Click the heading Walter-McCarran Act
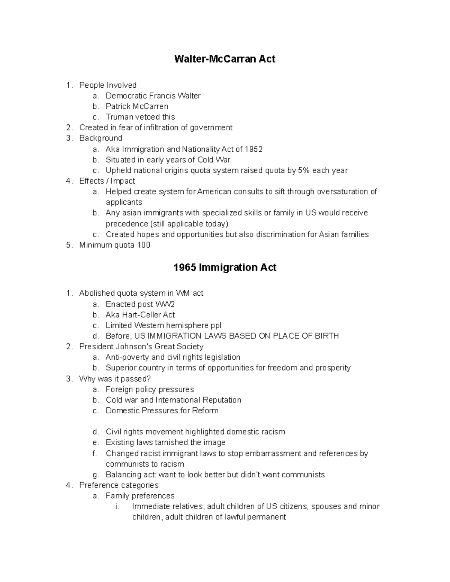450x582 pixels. pyautogui.click(x=225, y=59)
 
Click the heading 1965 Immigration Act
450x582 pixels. pyautogui.click(x=225, y=267)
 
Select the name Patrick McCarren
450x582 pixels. pyautogui.click(x=137, y=106)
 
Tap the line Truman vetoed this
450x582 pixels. pyautogui.click(x=140, y=117)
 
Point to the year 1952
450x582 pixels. pyautogui.click(x=253, y=149)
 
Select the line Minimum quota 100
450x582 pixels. pyautogui.click(x=115, y=245)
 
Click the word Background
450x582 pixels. pyautogui.click(x=100, y=138)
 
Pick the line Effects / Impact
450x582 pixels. pyautogui.click(x=105, y=181)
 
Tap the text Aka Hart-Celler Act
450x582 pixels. pyautogui.click(x=140, y=315)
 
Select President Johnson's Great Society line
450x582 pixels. pyautogui.click(x=141, y=347)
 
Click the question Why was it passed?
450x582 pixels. pyautogui.click(x=115, y=379)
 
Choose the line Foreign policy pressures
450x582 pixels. pyautogui.click(x=150, y=389)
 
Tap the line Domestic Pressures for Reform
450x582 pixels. pyautogui.click(x=162, y=410)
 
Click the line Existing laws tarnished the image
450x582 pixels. pyautogui.click(x=165, y=443)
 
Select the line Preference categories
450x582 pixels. pyautogui.click(x=119, y=485)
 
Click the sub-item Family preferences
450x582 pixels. pyautogui.click(x=140, y=496)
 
